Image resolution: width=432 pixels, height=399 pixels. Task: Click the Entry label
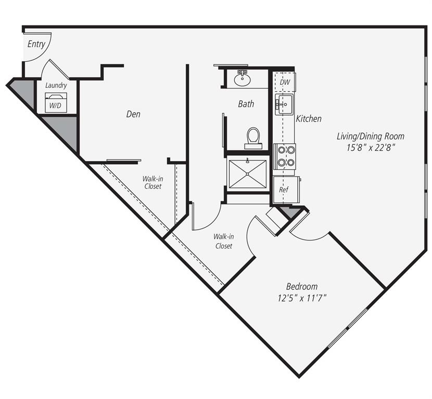tap(36, 44)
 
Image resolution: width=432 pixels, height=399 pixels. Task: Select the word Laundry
tap(56, 85)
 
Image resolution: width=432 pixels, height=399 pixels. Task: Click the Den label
tap(133, 114)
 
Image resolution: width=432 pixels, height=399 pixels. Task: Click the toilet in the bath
tap(253, 137)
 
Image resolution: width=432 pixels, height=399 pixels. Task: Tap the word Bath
tap(246, 104)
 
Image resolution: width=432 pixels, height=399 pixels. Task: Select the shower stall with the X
tap(247, 174)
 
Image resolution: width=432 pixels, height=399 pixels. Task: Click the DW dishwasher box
tap(285, 82)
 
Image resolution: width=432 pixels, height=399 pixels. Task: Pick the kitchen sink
tap(285, 104)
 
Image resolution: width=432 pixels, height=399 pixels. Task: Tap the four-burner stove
tap(285, 155)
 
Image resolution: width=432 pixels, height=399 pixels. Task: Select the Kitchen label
tap(309, 119)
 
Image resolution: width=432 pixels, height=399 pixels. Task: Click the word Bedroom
tap(302, 287)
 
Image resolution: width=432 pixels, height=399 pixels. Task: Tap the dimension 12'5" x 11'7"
tap(302, 298)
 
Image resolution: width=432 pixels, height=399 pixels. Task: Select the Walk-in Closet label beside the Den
tap(152, 182)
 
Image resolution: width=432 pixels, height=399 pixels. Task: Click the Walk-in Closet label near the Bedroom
tap(224, 241)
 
